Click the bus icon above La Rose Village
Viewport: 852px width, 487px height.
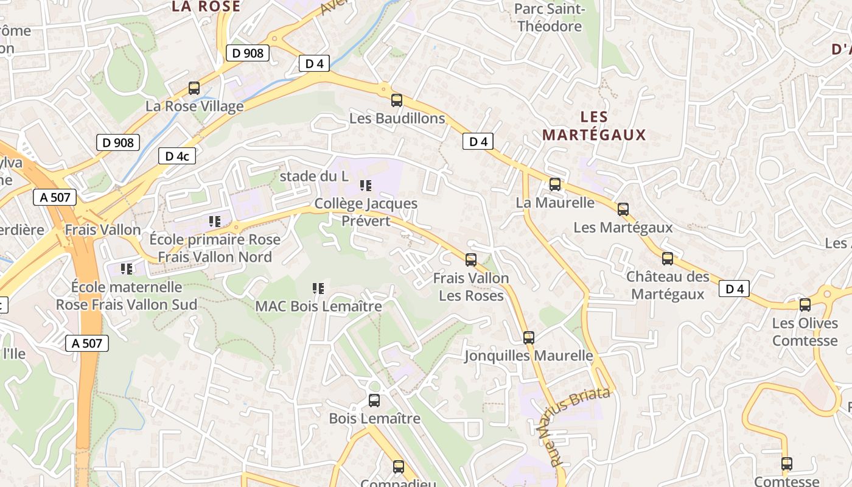(194, 88)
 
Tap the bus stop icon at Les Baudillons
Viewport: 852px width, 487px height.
(397, 100)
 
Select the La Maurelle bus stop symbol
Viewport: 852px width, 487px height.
(555, 184)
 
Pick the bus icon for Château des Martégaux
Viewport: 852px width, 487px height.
(668, 259)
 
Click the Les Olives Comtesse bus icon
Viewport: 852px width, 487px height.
(805, 305)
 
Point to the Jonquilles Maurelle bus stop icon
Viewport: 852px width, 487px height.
(529, 337)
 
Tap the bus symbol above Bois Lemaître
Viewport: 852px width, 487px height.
(374, 401)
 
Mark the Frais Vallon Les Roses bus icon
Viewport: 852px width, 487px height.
(471, 260)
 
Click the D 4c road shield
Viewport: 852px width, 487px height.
(177, 156)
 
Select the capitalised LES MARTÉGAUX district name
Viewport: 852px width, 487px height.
(594, 126)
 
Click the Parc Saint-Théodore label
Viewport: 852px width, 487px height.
(549, 18)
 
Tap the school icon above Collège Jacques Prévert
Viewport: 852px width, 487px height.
(366, 186)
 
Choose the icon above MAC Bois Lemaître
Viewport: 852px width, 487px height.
(318, 289)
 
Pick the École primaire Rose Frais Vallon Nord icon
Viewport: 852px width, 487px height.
(215, 222)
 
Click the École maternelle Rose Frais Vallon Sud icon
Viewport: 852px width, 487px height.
(127, 268)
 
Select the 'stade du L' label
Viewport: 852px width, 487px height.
(314, 177)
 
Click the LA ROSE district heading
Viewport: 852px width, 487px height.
(206, 7)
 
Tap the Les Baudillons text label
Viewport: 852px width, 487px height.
(397, 118)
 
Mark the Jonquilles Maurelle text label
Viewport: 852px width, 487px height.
(528, 356)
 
